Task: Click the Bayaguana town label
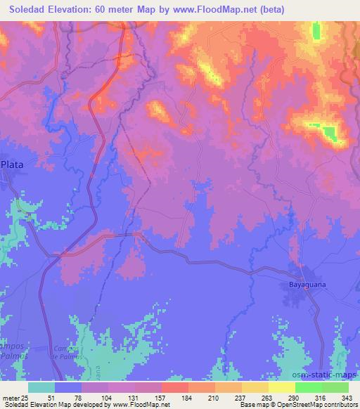(x=307, y=286)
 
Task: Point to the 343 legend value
(x=347, y=397)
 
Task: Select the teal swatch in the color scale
(x=41, y=387)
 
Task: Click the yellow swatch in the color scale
(x=282, y=387)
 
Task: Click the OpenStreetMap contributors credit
(x=309, y=405)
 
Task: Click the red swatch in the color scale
(x=175, y=387)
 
